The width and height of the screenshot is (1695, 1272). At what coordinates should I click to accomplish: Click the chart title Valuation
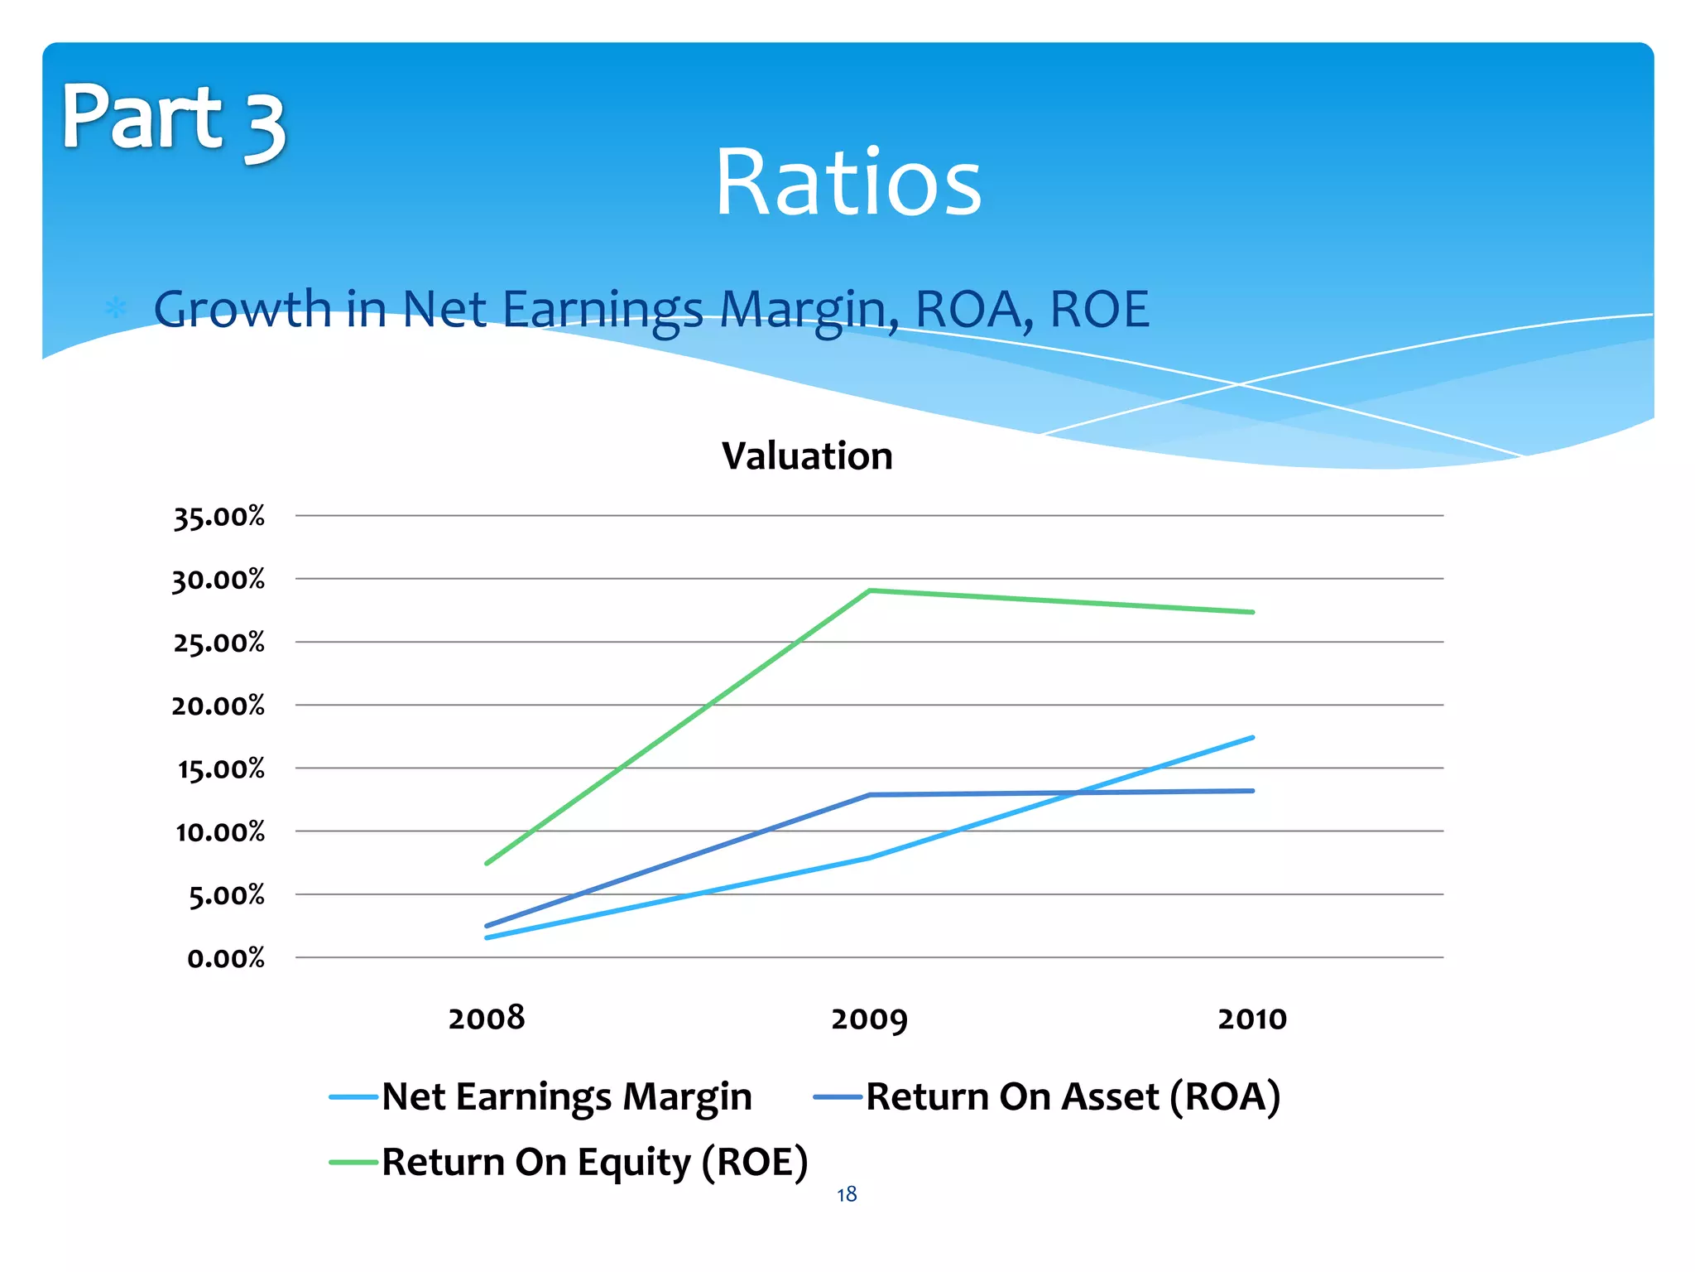click(807, 456)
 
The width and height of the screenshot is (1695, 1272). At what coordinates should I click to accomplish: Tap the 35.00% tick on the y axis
click(218, 517)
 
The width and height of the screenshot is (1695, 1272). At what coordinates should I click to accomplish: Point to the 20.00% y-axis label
click(218, 706)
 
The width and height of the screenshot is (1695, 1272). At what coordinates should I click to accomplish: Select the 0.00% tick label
click(225, 958)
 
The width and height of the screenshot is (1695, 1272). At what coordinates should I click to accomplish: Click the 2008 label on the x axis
click(487, 1018)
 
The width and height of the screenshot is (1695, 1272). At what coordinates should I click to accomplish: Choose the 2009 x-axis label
click(869, 1019)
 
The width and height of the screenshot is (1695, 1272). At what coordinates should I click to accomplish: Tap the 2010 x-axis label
click(1251, 1019)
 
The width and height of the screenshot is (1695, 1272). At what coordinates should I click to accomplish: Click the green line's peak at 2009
click(869, 590)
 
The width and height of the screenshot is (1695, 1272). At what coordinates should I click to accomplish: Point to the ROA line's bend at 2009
click(869, 795)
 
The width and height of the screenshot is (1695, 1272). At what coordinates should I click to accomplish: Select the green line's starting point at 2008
click(487, 863)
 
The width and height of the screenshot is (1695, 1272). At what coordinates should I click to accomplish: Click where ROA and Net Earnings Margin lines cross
click(1077, 793)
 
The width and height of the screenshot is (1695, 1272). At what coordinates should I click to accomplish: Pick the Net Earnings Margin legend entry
click(541, 1096)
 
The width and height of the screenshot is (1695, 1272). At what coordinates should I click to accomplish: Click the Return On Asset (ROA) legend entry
click(1047, 1096)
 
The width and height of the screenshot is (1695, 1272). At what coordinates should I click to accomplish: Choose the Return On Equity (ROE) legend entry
click(569, 1162)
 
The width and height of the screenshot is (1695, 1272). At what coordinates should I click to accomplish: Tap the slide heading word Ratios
click(847, 182)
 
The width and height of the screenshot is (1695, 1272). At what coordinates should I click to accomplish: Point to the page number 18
click(846, 1194)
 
